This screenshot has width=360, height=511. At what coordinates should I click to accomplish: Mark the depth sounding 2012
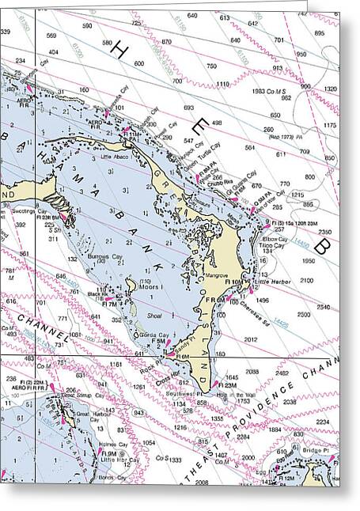pos(251,339)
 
